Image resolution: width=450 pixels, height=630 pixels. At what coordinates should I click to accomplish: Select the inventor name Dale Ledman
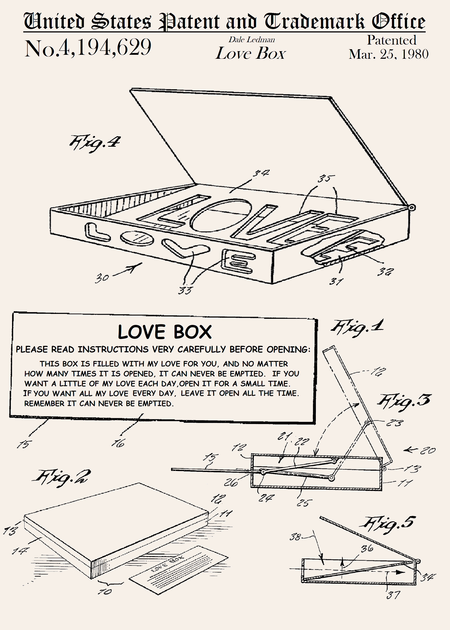252,40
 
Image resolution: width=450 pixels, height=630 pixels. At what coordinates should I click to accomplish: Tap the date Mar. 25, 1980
389,54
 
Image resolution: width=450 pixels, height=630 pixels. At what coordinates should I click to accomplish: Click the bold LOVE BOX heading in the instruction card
165,332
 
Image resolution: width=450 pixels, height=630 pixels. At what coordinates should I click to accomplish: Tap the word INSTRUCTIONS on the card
113,349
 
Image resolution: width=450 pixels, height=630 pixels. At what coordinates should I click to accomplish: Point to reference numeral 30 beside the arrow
102,278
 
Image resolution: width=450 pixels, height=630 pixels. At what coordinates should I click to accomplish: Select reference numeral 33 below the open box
185,290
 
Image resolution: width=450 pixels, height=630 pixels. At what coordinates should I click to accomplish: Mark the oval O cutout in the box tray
221,216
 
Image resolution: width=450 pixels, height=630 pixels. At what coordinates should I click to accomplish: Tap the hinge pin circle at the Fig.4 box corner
412,207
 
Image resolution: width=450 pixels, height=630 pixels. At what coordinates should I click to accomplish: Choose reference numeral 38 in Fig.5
295,537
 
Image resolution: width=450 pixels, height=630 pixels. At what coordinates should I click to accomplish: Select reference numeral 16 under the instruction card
118,443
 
